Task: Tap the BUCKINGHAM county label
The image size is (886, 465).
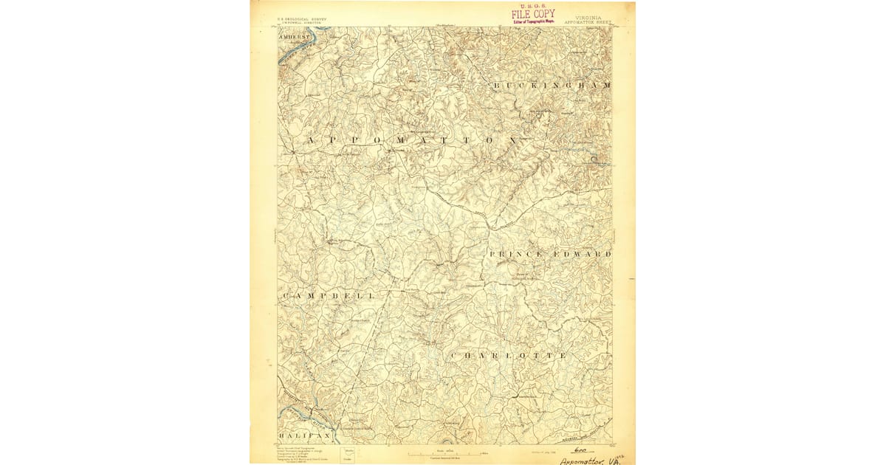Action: coord(552,86)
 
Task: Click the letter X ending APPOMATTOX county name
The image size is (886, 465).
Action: coord(510,139)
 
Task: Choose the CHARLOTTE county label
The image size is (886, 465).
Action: coord(509,356)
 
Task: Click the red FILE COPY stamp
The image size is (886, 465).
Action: coord(533,14)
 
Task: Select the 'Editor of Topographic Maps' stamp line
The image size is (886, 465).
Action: coord(533,21)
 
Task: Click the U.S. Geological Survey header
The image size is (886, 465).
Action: coord(303,19)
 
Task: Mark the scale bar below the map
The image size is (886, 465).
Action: coord(444,452)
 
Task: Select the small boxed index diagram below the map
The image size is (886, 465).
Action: coord(348,454)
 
